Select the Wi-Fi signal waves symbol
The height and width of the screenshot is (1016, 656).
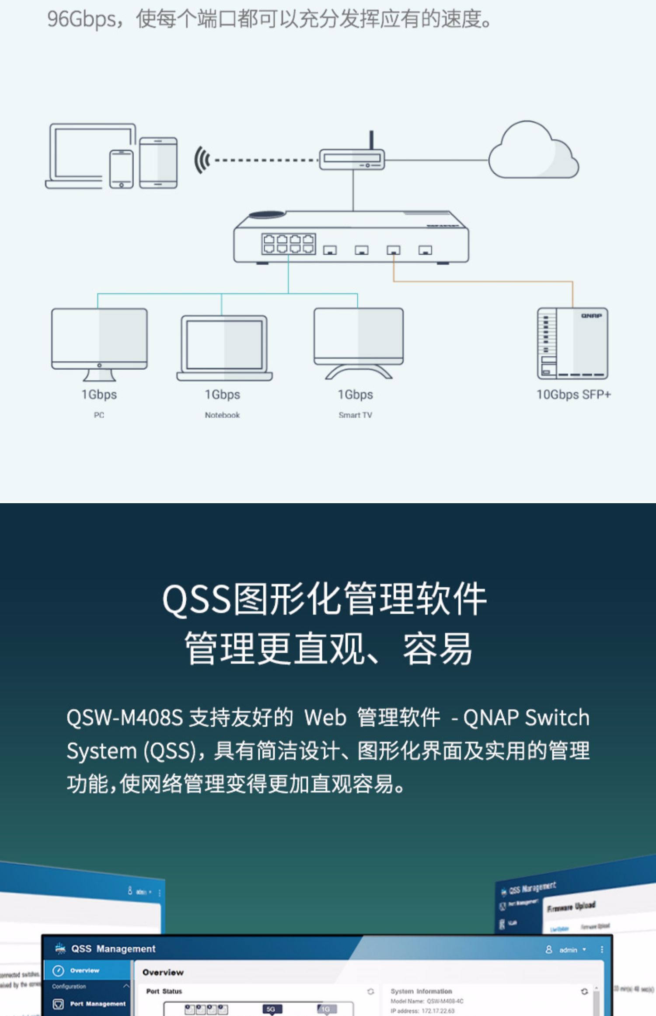click(202, 160)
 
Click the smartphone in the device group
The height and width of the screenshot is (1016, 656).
click(121, 169)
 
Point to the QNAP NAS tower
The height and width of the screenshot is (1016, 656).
click(572, 343)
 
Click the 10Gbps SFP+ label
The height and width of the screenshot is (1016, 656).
click(573, 395)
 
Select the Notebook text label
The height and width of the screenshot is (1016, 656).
click(222, 415)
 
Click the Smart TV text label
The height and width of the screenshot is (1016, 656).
click(355, 415)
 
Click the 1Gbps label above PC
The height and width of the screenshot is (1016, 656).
click(99, 395)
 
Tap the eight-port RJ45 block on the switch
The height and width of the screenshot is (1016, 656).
click(289, 244)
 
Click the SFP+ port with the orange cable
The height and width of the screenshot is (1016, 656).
click(393, 250)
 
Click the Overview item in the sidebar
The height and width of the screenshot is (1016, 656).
click(84, 970)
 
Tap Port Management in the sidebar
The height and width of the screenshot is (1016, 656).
click(98, 1004)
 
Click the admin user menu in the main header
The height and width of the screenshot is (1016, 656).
click(568, 950)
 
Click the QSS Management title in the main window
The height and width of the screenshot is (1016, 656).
click(113, 949)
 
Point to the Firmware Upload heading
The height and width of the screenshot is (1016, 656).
click(571, 907)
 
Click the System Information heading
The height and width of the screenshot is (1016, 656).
click(421, 991)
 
